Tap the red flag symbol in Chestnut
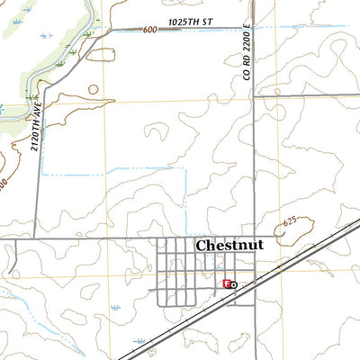pos(226,283)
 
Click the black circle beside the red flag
pos(233,284)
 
